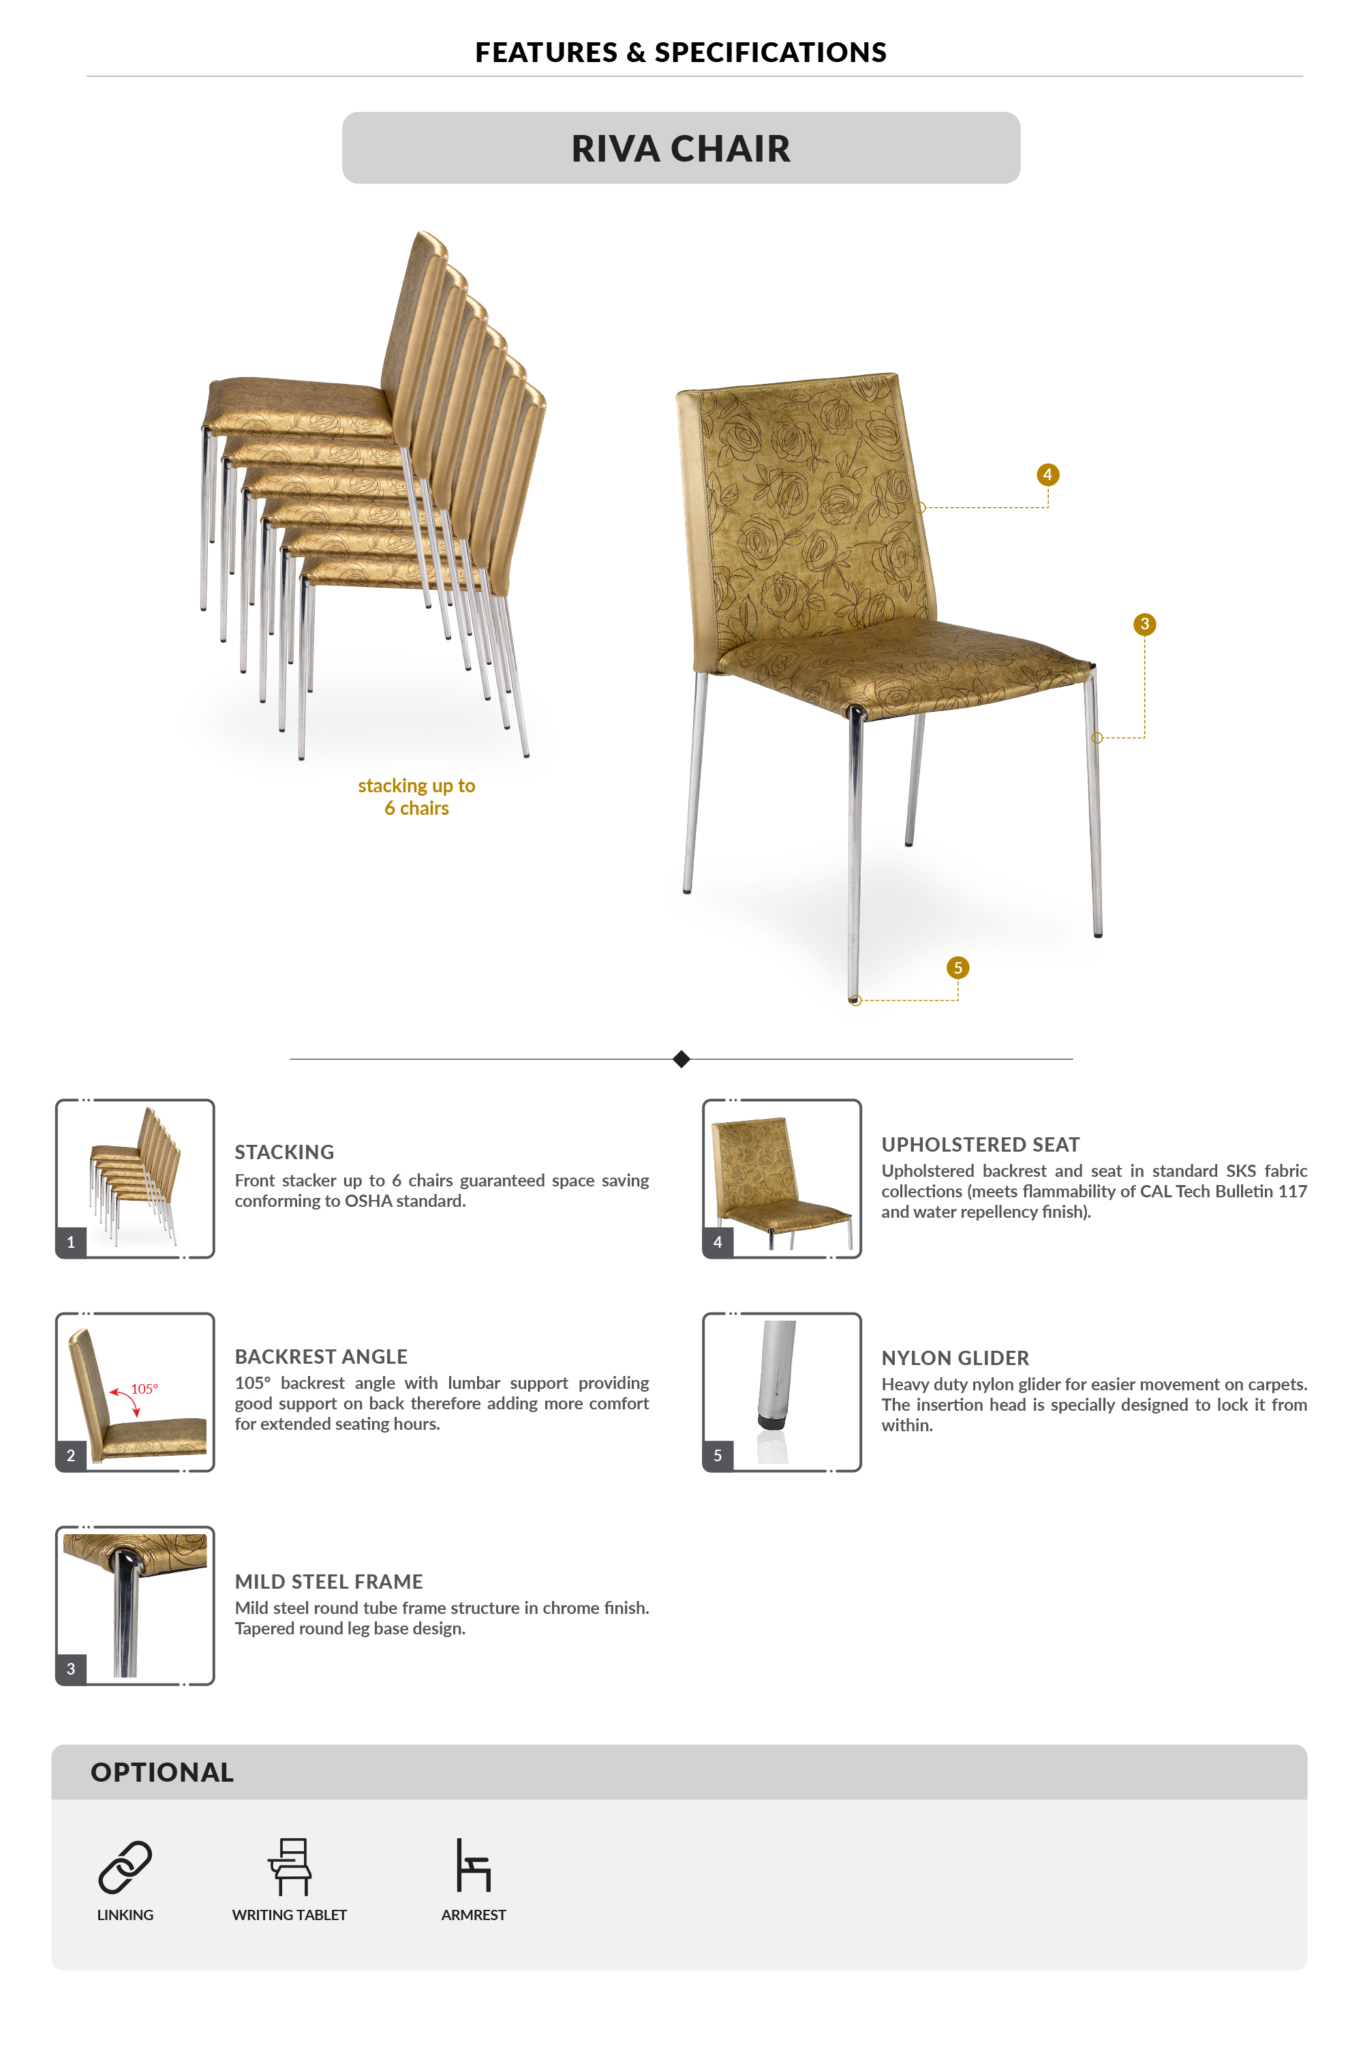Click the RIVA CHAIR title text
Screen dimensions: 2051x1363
point(681,149)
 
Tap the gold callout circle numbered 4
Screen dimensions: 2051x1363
point(1047,475)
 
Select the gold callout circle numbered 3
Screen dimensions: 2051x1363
point(1144,625)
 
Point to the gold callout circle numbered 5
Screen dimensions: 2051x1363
point(957,968)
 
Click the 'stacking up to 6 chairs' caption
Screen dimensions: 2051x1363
point(416,796)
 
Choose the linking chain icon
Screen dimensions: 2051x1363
point(125,1867)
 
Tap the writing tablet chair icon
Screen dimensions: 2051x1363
point(290,1867)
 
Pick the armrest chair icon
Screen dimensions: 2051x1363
point(474,1865)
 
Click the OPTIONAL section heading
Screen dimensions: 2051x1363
point(163,1772)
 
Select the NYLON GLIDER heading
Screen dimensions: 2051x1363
point(955,1358)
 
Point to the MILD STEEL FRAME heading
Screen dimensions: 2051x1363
point(328,1581)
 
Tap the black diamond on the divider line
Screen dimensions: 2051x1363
point(681,1059)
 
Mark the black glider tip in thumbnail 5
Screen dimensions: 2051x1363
point(770,1422)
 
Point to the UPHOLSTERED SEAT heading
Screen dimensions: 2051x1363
point(981,1145)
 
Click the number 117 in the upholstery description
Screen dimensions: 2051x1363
point(1291,1191)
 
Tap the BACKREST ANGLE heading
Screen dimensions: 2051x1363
point(321,1356)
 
